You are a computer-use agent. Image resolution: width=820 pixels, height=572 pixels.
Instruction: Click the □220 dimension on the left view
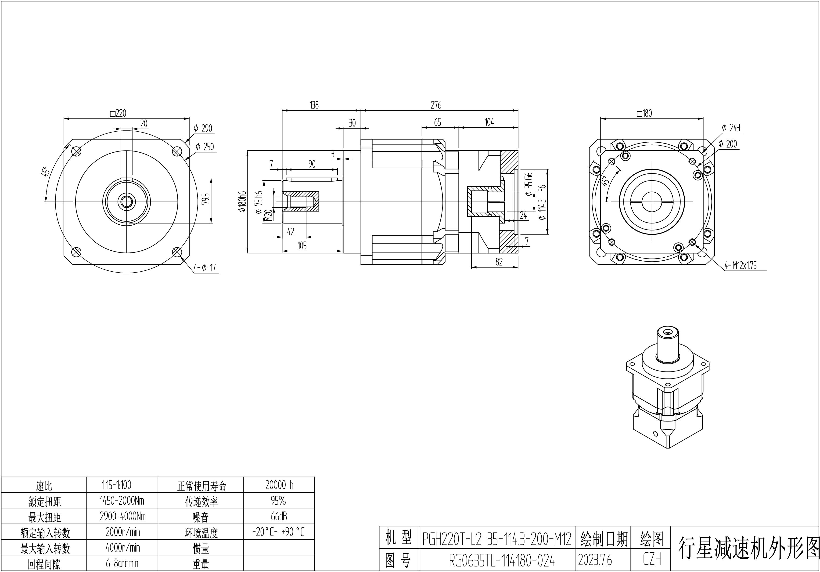[x=118, y=114]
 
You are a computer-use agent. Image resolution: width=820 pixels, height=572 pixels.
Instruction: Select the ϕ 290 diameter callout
[x=203, y=129]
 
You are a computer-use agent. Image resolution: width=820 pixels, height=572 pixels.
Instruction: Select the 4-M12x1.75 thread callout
[x=740, y=265]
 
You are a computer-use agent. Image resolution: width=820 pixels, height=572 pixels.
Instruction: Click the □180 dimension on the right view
[x=644, y=114]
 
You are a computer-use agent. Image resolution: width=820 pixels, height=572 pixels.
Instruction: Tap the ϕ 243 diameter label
[x=731, y=127]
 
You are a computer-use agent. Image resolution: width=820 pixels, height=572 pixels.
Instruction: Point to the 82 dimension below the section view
[x=499, y=262]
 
